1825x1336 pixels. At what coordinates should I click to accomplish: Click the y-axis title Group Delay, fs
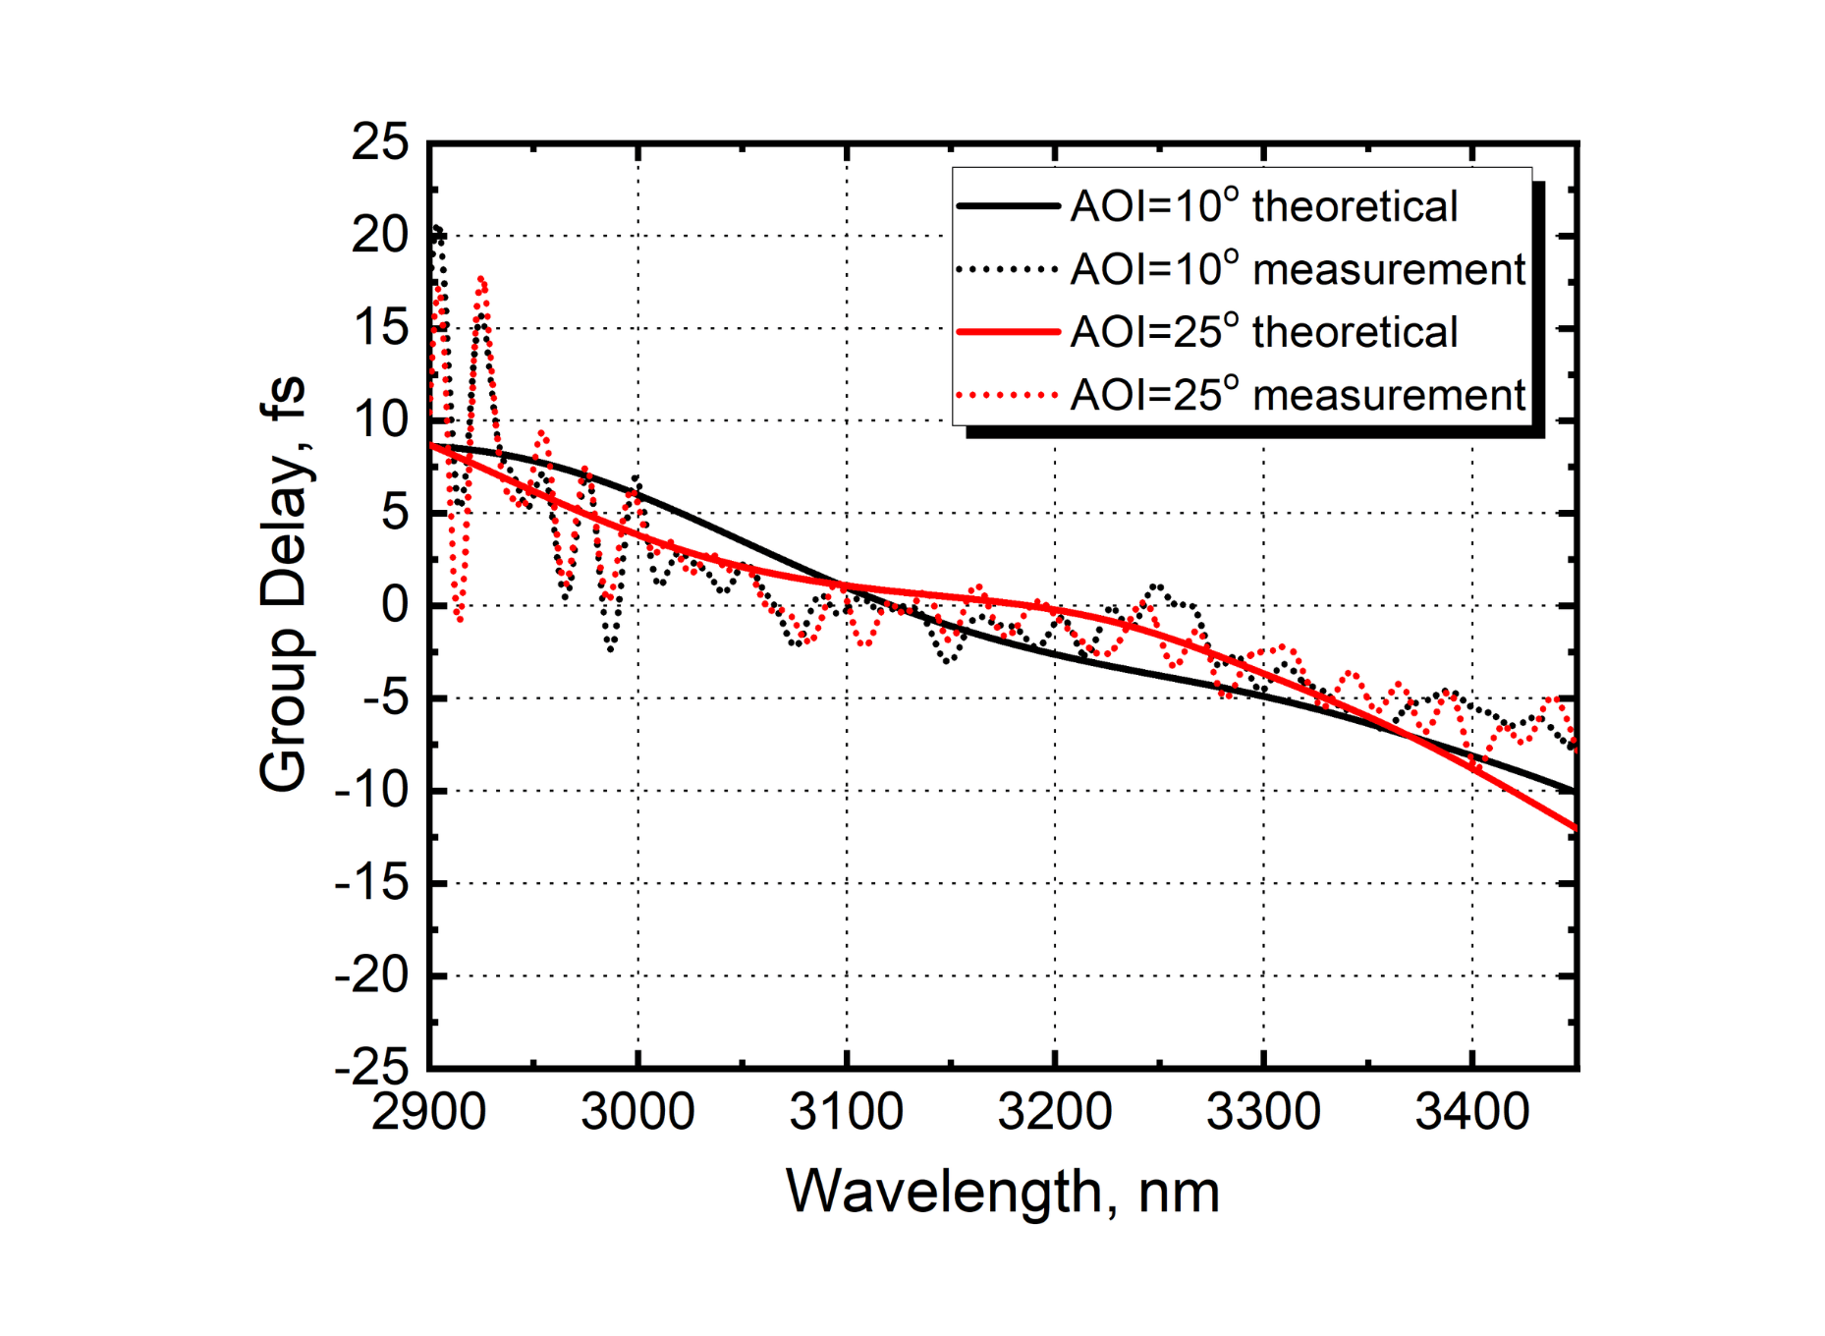[283, 584]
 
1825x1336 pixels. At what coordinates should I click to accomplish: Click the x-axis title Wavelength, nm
[1002, 1192]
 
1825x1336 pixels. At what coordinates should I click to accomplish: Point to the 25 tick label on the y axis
[380, 142]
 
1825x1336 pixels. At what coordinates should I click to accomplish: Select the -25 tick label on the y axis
[371, 1068]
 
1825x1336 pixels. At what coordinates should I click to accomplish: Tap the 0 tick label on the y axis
[395, 605]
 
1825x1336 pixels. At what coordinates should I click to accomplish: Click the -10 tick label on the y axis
[371, 790]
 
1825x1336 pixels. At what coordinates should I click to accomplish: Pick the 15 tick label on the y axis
[380, 328]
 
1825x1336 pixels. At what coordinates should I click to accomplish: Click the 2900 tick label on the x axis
[429, 1113]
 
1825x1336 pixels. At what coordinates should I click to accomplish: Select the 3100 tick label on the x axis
[846, 1113]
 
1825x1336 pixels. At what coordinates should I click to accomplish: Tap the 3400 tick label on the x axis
[1471, 1113]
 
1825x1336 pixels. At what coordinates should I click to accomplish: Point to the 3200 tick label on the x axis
[1055, 1113]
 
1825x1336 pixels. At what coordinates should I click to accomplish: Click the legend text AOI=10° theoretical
[1263, 207]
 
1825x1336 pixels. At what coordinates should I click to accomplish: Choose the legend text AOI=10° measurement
[1297, 270]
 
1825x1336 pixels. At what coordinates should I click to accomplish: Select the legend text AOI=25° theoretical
[1263, 333]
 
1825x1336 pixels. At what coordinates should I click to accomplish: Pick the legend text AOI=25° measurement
[1297, 396]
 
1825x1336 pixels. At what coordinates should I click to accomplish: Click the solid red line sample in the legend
[1009, 333]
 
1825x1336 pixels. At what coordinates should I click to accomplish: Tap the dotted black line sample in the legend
[1009, 270]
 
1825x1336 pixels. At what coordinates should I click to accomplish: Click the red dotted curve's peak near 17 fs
[481, 280]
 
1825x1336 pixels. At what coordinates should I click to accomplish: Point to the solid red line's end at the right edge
[1575, 828]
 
